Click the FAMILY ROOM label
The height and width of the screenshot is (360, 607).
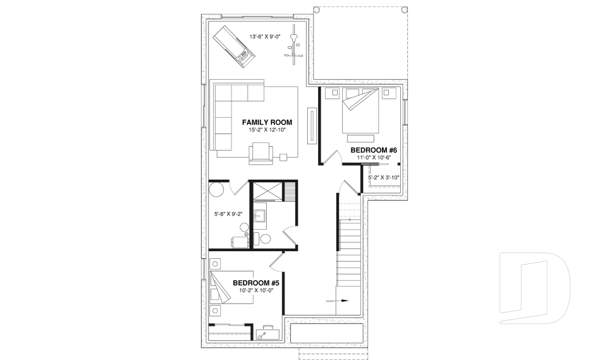267,122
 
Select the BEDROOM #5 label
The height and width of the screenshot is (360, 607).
256,283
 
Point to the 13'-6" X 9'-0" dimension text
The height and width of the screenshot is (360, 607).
267,37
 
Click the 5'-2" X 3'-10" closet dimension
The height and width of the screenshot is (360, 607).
383,178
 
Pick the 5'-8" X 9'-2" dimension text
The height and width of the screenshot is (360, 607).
228,214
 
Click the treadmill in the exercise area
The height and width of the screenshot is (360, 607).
232,45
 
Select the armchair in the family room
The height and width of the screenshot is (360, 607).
262,152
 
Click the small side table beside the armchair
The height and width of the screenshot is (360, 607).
284,156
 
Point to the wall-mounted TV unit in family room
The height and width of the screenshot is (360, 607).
311,126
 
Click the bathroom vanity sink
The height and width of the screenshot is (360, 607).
260,216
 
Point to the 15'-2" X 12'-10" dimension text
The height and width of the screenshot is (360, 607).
267,130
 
